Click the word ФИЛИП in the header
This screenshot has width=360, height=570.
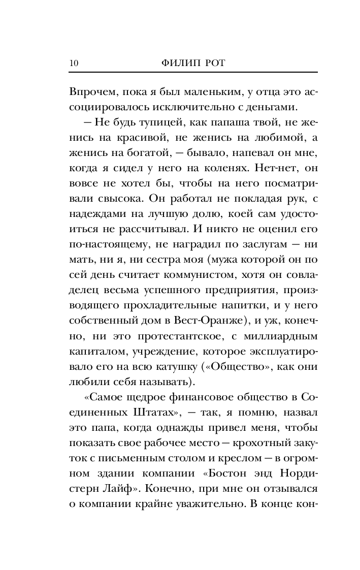[x=176, y=63]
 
